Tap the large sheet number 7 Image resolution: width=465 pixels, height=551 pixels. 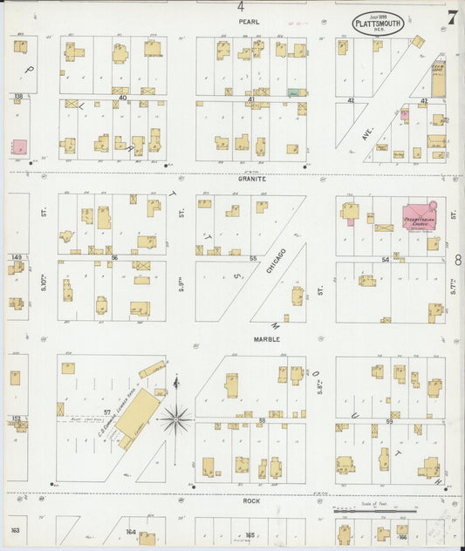coord(452,17)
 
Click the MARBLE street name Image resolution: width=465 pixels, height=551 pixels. coord(266,338)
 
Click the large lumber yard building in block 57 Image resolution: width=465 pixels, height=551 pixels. coord(139,414)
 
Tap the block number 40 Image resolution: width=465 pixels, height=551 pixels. coord(123,98)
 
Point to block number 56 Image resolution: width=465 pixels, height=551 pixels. coord(113,258)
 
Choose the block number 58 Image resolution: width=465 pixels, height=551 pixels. coord(262,420)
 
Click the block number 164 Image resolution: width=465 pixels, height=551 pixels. coord(131,531)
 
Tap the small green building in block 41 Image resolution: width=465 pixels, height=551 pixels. coord(294,92)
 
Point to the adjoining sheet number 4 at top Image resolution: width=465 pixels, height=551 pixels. coord(240,6)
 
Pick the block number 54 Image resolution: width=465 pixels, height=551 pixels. coord(385,260)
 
